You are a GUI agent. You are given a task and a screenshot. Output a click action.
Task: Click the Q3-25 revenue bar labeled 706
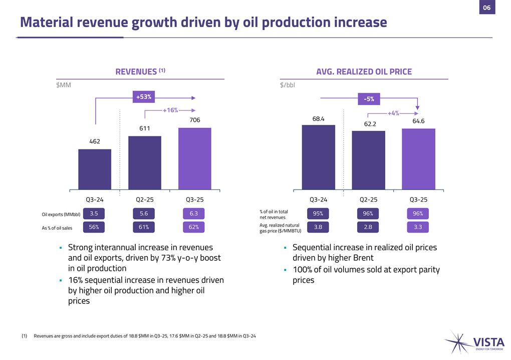[x=194, y=159]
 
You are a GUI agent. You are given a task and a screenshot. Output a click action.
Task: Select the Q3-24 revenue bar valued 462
[x=95, y=169]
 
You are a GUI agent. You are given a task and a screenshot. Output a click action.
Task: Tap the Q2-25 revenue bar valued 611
[x=144, y=163]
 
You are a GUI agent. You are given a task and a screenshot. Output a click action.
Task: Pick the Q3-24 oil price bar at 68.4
[x=318, y=157]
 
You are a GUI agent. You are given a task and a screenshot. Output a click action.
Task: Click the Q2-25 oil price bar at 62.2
[x=368, y=160]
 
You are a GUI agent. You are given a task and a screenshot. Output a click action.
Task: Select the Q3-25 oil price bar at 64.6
[x=418, y=159]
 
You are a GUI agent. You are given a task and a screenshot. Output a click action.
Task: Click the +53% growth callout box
[x=144, y=97]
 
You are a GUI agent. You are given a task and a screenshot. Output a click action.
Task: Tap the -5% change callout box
[x=368, y=99]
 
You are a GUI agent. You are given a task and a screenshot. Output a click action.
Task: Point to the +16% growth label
[x=170, y=110]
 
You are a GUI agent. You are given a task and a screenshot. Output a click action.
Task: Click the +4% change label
[x=393, y=113]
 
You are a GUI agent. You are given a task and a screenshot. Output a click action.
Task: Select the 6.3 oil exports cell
[x=194, y=214]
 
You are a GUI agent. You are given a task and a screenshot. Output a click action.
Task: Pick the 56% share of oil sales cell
[x=94, y=227]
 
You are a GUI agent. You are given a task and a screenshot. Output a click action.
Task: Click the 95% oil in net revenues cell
[x=318, y=214]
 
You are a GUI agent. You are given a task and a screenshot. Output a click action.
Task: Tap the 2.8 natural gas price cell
[x=368, y=227]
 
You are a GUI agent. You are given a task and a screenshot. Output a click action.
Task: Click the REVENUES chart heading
[x=140, y=72]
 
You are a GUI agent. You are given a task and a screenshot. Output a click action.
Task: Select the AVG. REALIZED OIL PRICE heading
[x=364, y=72]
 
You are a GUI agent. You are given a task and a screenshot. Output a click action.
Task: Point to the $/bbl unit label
[x=288, y=85]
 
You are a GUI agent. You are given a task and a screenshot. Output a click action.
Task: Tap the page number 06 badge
[x=486, y=8]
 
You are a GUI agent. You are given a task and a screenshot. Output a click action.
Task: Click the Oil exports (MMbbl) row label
[x=61, y=215]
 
